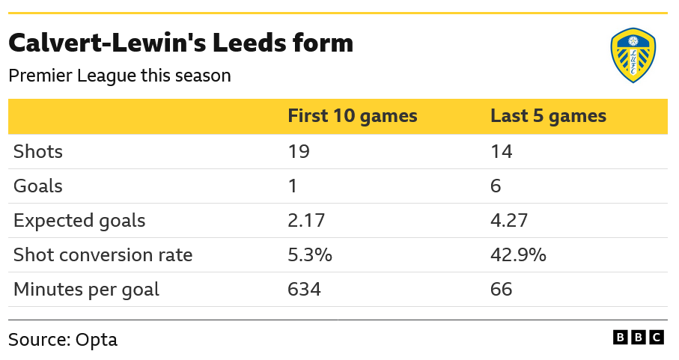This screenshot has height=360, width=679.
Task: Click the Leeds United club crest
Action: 633,55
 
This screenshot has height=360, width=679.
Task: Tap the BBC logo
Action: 639,338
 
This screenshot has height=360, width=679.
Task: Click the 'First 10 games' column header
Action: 353,117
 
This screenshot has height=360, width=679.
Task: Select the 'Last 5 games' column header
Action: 548,117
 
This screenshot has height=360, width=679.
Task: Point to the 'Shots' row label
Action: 38,152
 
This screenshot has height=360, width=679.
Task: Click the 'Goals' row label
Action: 38,186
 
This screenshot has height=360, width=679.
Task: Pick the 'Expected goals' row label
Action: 79,221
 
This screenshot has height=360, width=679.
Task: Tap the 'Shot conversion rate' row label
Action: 103,255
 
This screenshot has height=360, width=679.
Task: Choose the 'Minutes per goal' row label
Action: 87,290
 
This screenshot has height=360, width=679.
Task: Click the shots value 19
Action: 299,152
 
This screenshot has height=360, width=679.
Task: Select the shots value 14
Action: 502,152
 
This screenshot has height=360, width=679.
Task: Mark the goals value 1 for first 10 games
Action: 293,186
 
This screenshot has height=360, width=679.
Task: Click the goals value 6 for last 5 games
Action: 496,186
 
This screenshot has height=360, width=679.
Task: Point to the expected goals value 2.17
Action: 308,221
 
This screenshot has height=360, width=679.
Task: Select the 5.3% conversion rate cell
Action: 310,255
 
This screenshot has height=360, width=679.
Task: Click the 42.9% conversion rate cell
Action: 518,255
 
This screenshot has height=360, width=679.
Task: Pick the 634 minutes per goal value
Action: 305,290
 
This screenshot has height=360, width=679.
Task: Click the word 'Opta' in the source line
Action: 97,340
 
